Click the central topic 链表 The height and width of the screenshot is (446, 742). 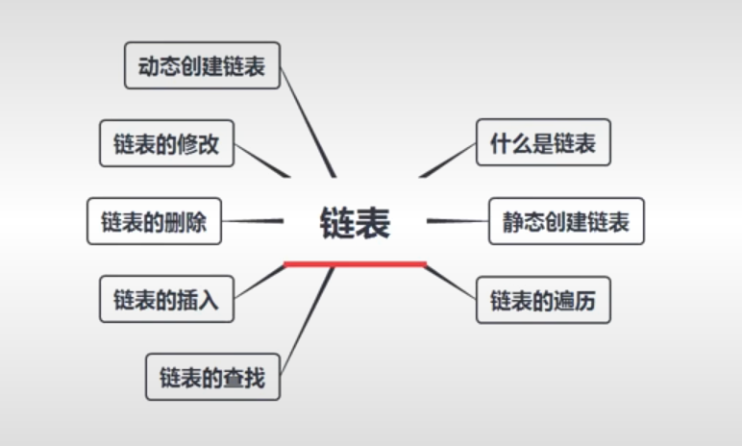[x=356, y=223]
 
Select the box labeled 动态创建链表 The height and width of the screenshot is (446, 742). [x=202, y=65]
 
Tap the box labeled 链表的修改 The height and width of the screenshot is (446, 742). [x=166, y=144]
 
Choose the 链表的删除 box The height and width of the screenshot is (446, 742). [x=154, y=222]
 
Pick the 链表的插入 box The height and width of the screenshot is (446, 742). [x=166, y=300]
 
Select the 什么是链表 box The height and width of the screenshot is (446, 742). [x=543, y=143]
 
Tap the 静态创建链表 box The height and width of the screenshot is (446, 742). [x=565, y=222]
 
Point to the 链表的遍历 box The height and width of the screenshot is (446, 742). [x=543, y=301]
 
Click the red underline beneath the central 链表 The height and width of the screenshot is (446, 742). [x=356, y=262]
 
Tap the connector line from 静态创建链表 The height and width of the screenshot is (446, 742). [x=458, y=221]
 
